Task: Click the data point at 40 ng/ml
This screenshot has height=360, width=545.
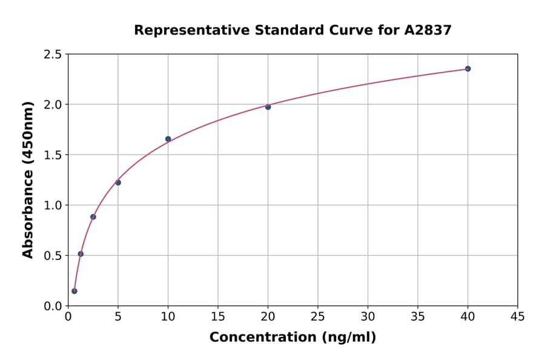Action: [467, 68]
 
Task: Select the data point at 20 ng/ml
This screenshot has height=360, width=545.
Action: [268, 107]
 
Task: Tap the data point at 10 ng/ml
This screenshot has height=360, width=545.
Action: [168, 139]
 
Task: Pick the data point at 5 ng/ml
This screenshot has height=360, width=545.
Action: [118, 182]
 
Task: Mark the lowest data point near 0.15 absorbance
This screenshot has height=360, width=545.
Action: [74, 291]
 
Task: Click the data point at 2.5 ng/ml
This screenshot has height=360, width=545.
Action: [93, 217]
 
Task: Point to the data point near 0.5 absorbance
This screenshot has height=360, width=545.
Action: [81, 254]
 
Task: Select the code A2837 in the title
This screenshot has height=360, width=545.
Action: [428, 30]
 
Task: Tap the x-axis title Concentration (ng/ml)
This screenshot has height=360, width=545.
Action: [292, 337]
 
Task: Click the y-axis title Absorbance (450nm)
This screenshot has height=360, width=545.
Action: [28, 180]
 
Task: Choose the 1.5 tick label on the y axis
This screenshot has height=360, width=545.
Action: [53, 155]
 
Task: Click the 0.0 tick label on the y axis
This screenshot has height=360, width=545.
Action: [53, 306]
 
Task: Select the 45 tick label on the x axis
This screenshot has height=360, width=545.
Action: [518, 316]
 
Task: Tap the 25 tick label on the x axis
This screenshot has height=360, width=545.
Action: [318, 316]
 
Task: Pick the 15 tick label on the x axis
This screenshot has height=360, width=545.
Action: [218, 316]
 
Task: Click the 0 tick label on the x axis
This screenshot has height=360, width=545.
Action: [68, 316]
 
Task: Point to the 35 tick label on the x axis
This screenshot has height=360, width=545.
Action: [418, 316]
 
